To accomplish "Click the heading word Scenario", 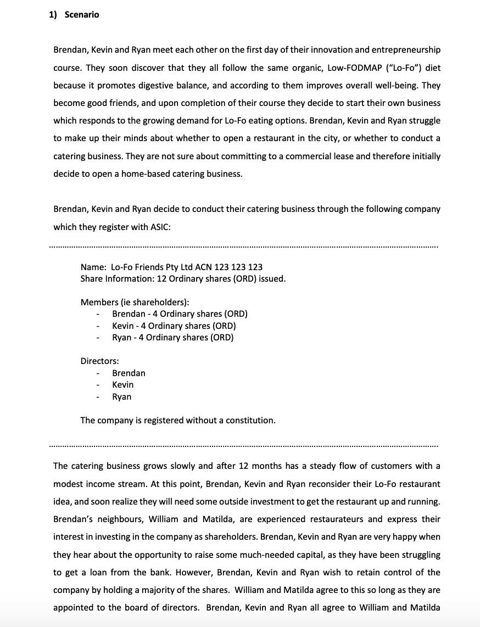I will (82, 15).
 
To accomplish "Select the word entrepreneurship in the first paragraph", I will (406, 50).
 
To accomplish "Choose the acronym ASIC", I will (160, 227).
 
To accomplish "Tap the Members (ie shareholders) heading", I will (135, 302).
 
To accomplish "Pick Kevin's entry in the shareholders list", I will (174, 326).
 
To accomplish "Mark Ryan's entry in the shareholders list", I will (172, 337).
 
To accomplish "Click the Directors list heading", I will (99, 361).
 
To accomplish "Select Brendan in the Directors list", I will (129, 373).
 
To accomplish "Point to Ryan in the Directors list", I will (121, 396).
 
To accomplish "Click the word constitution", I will (251, 420).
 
